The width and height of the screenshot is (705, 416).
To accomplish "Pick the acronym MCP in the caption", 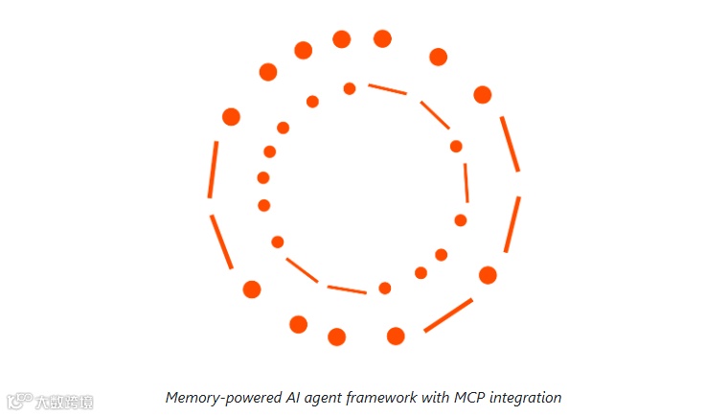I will tap(468, 398).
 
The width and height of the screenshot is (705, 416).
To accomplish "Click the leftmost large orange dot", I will tap(231, 117).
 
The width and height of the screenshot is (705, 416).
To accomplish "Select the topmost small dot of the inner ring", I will tap(350, 89).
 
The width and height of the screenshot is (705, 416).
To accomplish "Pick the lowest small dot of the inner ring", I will tap(385, 288).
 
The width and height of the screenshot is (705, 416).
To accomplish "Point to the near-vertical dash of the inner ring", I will tap(466, 182).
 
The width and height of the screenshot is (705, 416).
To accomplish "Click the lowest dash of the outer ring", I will tap(448, 315).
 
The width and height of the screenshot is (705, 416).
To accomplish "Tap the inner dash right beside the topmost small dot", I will tap(388, 89).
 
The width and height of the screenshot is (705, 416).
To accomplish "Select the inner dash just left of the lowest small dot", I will tap(347, 289).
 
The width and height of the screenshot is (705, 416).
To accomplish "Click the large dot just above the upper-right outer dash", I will tap(483, 95).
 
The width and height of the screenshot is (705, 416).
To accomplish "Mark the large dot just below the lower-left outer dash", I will tap(252, 289).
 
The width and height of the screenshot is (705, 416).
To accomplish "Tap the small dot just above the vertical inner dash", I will tap(456, 147).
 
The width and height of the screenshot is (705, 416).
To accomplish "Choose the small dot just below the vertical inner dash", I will tap(461, 220).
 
